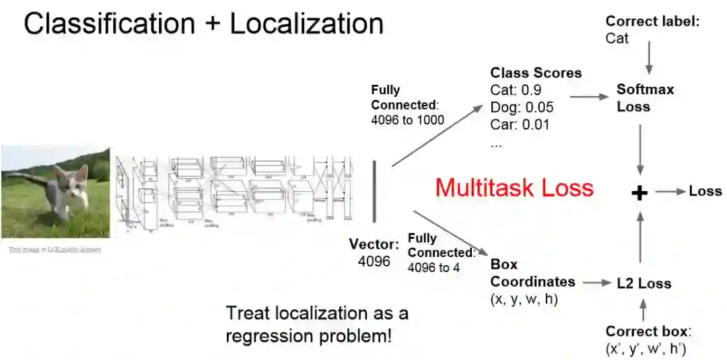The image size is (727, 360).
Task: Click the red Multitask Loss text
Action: pyautogui.click(x=514, y=186)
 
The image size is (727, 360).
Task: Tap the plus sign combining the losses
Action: pyautogui.click(x=639, y=193)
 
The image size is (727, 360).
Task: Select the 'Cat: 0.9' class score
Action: pyautogui.click(x=516, y=90)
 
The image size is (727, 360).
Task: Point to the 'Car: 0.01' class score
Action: pyautogui.click(x=520, y=124)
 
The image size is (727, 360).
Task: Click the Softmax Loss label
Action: pyautogui.click(x=644, y=98)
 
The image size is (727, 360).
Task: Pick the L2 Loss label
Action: pyautogui.click(x=644, y=283)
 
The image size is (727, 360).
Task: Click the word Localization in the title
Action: pyautogui.click(x=306, y=24)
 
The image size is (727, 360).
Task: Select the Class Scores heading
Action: pyautogui.click(x=536, y=73)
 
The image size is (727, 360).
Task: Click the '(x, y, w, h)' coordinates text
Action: pyautogui.click(x=524, y=299)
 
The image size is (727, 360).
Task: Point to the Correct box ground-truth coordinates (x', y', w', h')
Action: pyautogui.click(x=646, y=349)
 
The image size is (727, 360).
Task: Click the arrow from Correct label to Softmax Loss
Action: pyautogui.click(x=649, y=59)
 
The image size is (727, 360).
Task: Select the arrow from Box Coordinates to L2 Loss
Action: pyautogui.click(x=596, y=283)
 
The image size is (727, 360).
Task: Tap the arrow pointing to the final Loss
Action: pyautogui.click(x=670, y=192)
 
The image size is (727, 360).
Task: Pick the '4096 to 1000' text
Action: pyautogui.click(x=407, y=120)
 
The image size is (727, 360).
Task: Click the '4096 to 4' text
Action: pyautogui.click(x=434, y=266)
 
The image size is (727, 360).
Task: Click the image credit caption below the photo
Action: pyautogui.click(x=55, y=249)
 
